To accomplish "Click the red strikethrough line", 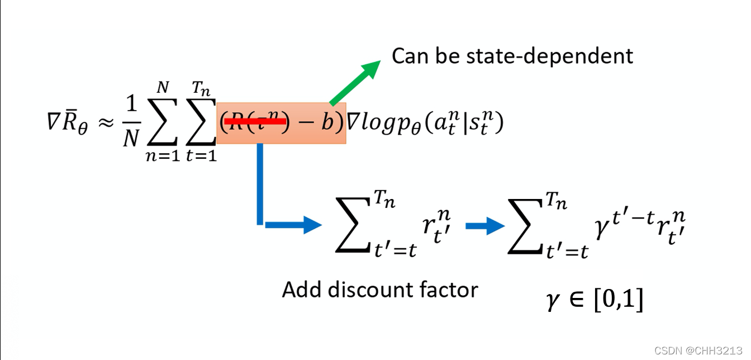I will pos(255,120).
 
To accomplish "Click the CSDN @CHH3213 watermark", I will pos(699,350).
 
